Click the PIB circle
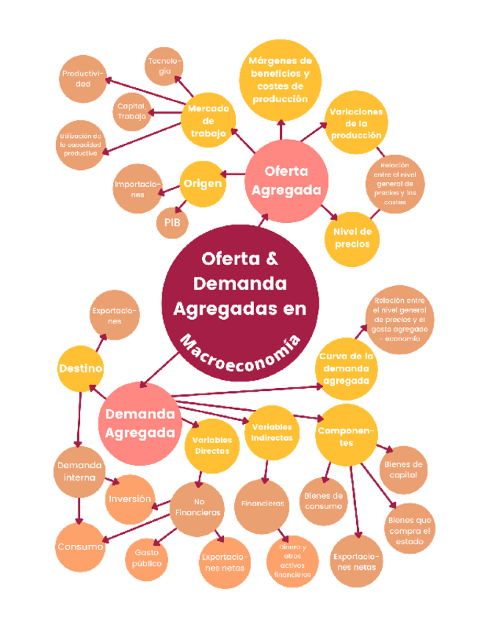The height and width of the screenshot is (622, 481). (x=173, y=222)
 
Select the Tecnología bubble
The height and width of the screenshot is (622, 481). (x=164, y=65)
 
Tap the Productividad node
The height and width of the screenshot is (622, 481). (x=83, y=78)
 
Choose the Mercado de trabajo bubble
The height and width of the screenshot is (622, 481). (x=209, y=120)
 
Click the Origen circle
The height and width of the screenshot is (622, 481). (x=202, y=183)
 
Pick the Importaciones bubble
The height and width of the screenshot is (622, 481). (x=137, y=189)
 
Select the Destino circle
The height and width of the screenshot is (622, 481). (x=80, y=368)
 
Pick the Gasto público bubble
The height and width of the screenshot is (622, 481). (x=147, y=558)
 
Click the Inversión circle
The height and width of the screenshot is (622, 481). (x=130, y=499)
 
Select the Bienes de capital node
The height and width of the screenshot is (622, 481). (x=402, y=469)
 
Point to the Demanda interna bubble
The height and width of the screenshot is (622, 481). (x=80, y=472)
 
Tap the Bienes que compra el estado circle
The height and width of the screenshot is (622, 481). (x=408, y=530)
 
